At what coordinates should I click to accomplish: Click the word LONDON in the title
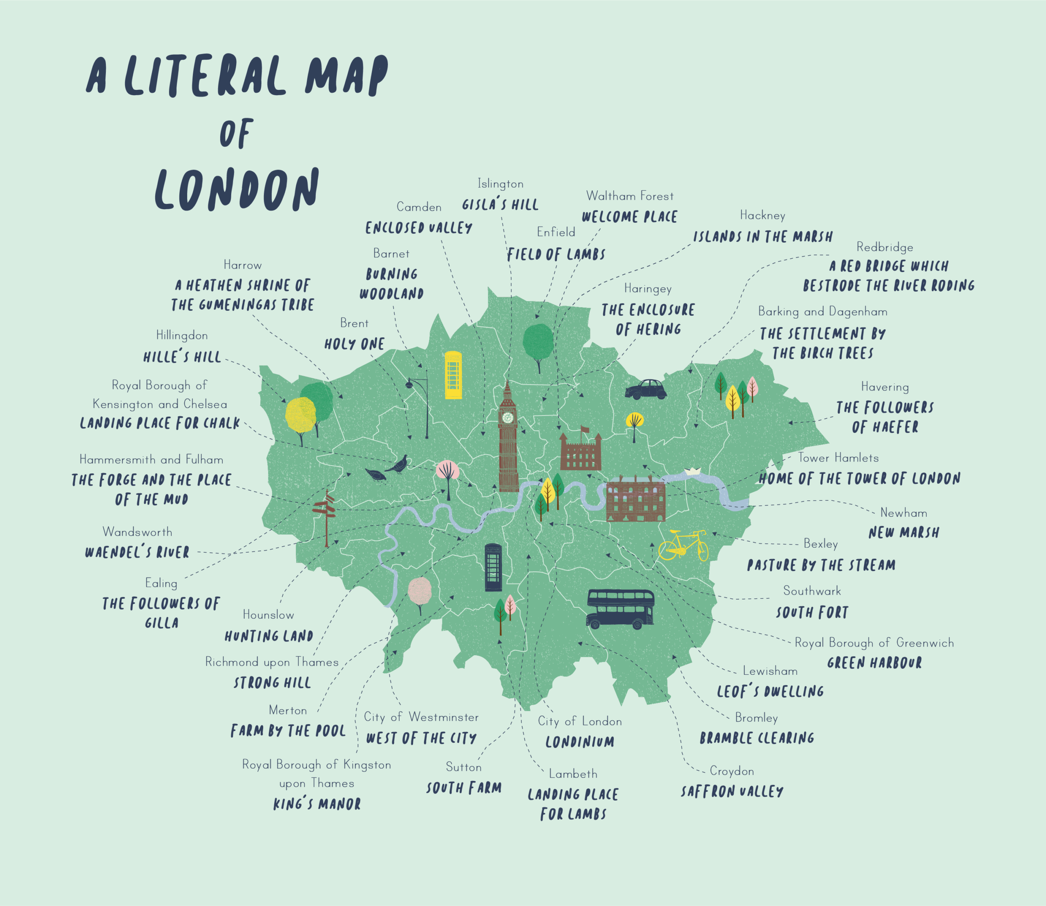[x=237, y=190]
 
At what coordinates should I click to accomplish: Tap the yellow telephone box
[x=453, y=375]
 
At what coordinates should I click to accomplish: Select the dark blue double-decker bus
[x=621, y=609]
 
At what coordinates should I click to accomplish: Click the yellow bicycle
[x=683, y=545]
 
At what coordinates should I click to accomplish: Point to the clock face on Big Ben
[x=508, y=417]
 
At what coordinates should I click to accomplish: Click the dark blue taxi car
[x=646, y=390]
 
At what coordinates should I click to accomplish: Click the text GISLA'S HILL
[x=500, y=205]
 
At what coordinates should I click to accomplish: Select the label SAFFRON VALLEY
[x=732, y=791]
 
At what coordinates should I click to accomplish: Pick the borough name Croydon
[x=732, y=771]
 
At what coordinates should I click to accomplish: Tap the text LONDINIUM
[x=580, y=742]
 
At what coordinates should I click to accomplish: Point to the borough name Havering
[x=885, y=387]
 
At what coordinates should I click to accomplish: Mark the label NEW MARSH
[x=904, y=532]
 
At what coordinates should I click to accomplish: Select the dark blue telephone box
[x=493, y=567]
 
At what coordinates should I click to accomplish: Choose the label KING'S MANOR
[x=317, y=804]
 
